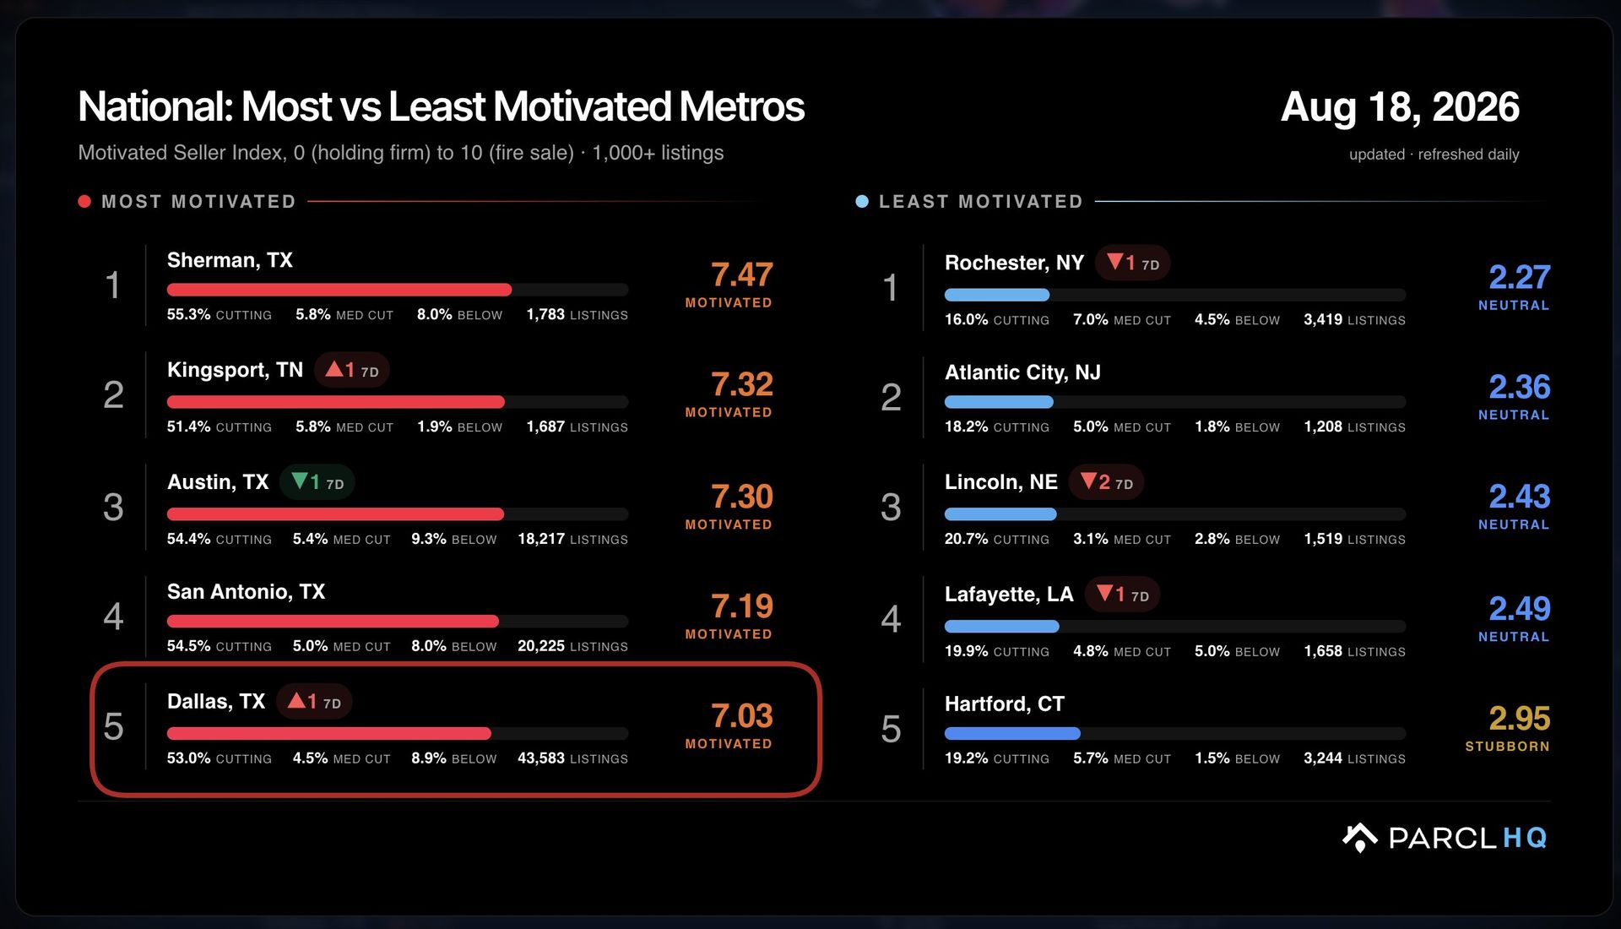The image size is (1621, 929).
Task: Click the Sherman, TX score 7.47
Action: [x=741, y=274]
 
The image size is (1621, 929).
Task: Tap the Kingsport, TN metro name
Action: [x=235, y=370]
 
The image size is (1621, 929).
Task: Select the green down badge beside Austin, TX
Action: [x=317, y=482]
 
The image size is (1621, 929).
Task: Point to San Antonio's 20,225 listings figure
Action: [x=541, y=646]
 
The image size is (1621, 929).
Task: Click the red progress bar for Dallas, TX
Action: [x=329, y=733]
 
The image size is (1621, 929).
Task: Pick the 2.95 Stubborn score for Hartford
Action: [x=1519, y=719]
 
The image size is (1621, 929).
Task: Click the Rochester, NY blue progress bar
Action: [x=997, y=295]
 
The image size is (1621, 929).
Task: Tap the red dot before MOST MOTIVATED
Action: [x=84, y=201]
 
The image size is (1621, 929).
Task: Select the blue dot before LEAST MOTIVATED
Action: [x=862, y=201]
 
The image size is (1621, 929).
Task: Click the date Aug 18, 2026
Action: [x=1400, y=107]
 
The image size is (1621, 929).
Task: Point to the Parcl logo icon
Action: [x=1359, y=837]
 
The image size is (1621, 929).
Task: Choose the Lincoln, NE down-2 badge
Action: [x=1106, y=482]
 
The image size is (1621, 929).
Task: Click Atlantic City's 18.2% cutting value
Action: [x=966, y=426]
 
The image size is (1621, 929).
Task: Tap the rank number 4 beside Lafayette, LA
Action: [x=891, y=619]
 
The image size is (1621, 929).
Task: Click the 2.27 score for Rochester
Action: [x=1519, y=277]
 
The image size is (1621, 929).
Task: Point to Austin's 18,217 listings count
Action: [x=541, y=539]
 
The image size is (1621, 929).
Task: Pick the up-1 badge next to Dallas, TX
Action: [x=314, y=702]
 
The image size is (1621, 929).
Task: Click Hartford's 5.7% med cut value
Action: [x=1090, y=758]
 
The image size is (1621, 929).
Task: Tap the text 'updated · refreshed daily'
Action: [x=1434, y=155]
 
